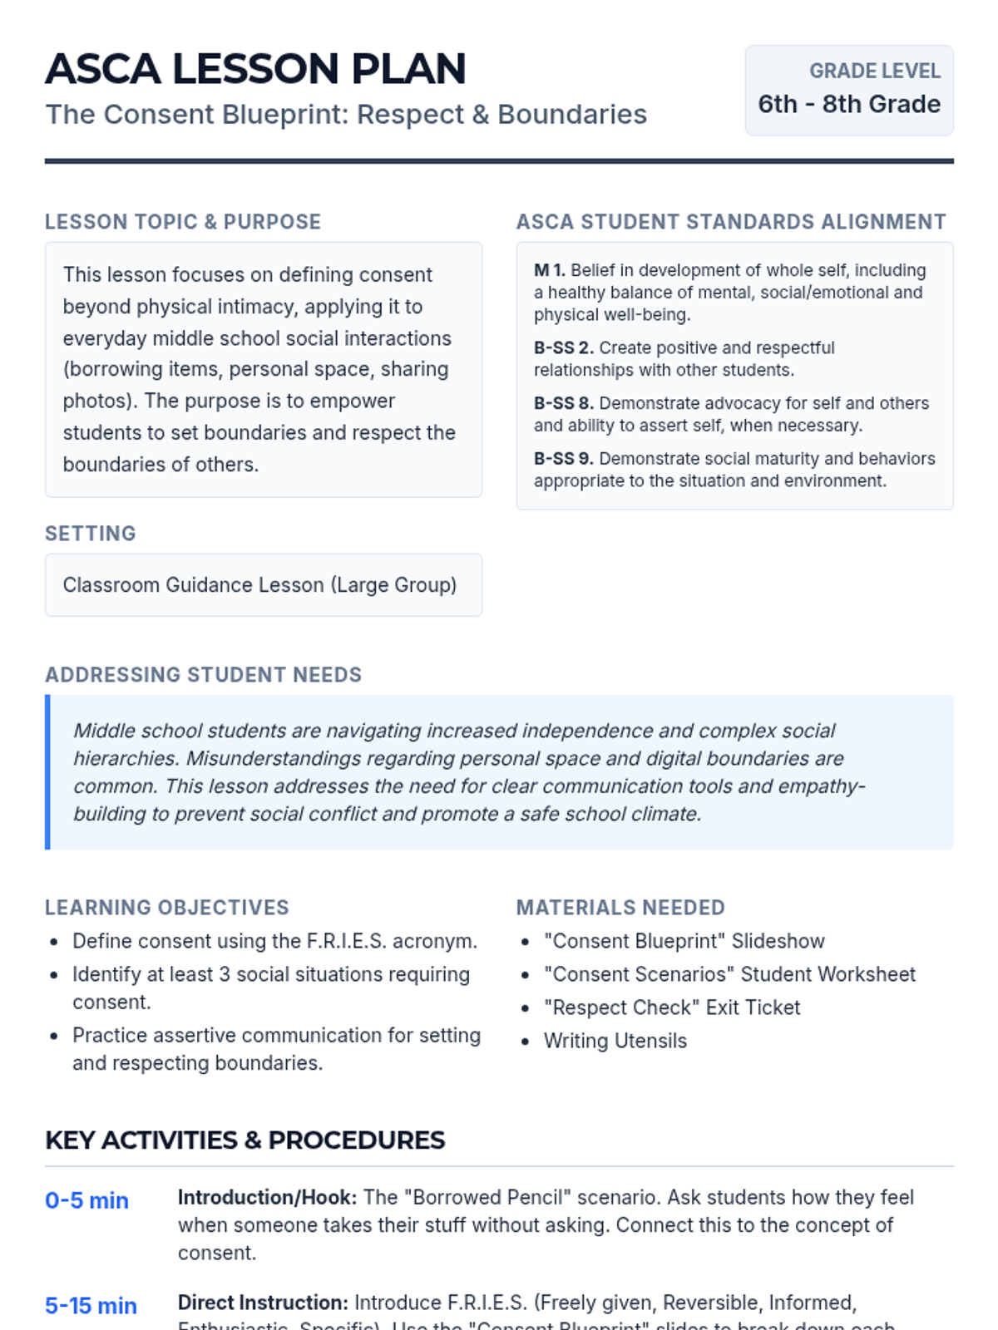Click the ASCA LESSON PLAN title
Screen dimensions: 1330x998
255,69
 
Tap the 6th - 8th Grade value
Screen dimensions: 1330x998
849,105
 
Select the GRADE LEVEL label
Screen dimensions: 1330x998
875,71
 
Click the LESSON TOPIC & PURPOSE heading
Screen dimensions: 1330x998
183,222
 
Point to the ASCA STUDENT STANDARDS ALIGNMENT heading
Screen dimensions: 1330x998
731,222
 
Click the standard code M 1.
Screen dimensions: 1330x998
549,270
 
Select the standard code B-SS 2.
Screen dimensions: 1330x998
563,347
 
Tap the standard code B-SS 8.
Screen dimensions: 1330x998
563,403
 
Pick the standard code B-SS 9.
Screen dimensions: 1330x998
563,459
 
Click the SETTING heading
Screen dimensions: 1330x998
91,534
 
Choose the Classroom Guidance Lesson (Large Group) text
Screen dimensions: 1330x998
259,585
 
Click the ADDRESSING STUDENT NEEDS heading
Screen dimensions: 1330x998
204,675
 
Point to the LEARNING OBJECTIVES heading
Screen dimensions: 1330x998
167,908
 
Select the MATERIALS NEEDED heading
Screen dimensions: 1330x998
620,908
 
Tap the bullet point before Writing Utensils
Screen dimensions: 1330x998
525,1042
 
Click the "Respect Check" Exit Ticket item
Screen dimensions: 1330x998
672,1007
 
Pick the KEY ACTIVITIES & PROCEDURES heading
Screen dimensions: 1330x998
245,1140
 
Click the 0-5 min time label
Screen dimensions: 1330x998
86,1201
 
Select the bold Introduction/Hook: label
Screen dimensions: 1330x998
267,1198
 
